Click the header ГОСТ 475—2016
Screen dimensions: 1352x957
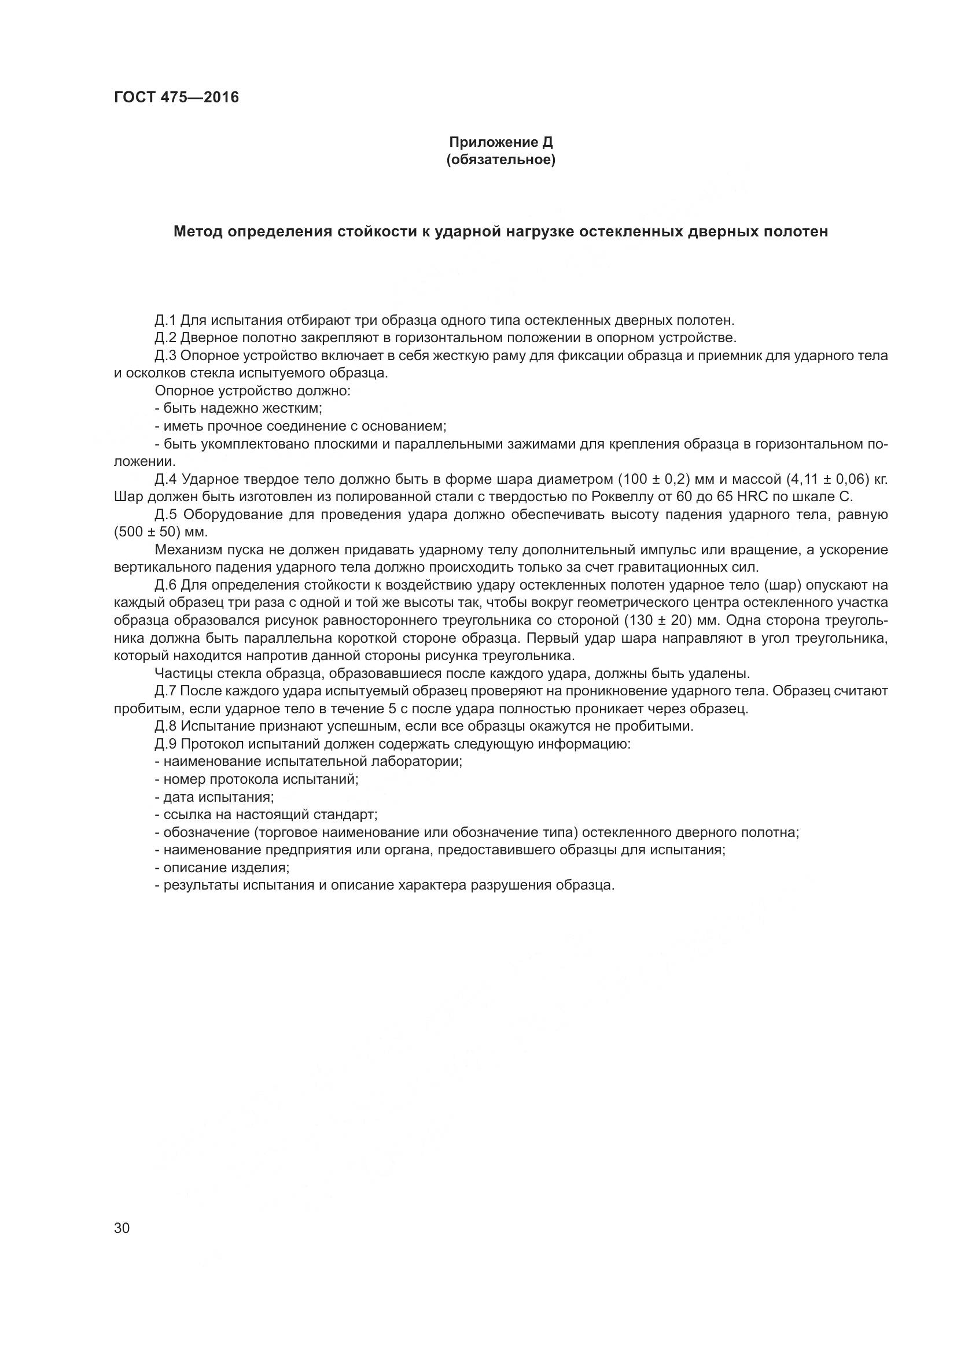[176, 97]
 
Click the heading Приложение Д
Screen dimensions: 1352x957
[500, 142]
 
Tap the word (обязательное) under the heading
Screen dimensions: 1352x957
[500, 160]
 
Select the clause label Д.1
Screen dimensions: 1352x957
[165, 320]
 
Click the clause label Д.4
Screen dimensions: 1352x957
[165, 479]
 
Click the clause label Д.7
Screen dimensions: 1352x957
[165, 691]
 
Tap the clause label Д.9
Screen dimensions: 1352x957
[165, 744]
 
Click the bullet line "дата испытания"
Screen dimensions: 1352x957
[215, 797]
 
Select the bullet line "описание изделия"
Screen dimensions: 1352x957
[222, 868]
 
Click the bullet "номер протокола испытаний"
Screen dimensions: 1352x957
[257, 779]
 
